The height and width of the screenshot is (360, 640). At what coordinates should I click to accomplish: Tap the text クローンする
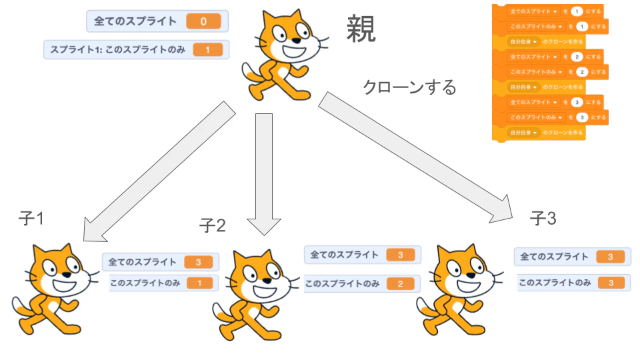409,87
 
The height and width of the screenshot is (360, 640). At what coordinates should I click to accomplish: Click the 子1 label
31,218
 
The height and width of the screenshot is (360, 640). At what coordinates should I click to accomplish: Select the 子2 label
213,225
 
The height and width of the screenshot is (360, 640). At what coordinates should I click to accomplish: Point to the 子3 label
543,218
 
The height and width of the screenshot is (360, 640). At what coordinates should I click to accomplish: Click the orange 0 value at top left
203,21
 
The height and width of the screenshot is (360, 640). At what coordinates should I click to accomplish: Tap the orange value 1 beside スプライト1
209,50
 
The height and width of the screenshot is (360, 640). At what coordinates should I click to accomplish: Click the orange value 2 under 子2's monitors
399,284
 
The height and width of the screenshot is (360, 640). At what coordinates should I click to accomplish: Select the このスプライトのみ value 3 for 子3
609,283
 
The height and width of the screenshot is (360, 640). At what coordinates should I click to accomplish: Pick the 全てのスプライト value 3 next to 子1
198,262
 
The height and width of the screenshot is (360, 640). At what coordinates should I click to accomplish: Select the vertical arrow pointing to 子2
264,173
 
